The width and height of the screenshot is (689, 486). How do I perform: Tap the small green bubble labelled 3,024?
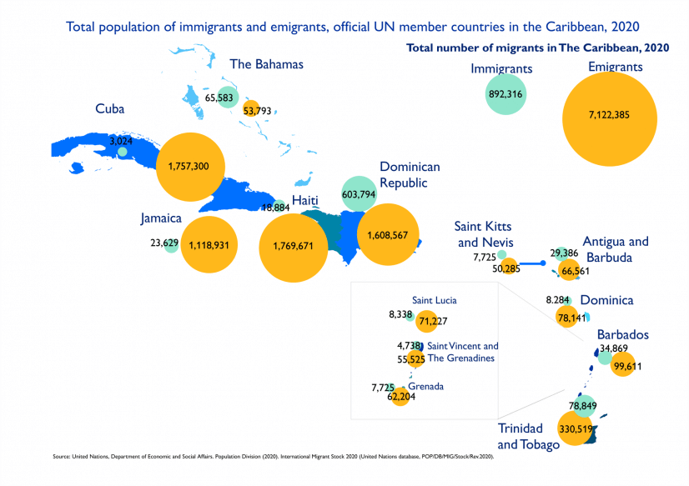tap(123, 152)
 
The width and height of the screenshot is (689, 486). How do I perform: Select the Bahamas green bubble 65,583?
tap(227, 98)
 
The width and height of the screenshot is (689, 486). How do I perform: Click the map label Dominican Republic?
tap(409, 174)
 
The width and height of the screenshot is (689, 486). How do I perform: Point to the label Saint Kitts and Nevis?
tap(483, 234)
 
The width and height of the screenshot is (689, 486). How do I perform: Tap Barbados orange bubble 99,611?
tap(623, 365)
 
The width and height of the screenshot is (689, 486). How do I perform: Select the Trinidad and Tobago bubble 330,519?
tap(551, 428)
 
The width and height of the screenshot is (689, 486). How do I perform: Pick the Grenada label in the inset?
tap(425, 387)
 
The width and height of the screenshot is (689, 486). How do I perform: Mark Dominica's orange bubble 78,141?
tap(571, 317)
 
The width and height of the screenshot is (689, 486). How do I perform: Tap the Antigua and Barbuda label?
tap(616, 249)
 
